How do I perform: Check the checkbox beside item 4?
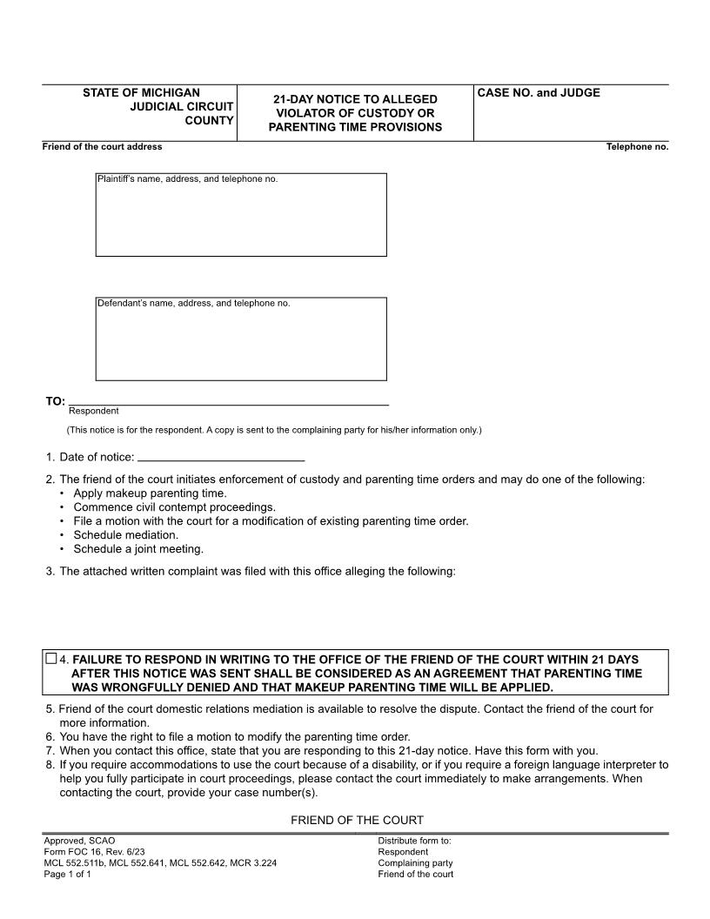point(50,659)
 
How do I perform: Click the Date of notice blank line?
point(221,457)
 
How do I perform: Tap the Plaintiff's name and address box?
point(241,215)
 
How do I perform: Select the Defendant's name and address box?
point(241,339)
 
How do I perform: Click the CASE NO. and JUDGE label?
point(539,93)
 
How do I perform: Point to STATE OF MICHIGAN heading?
point(141,92)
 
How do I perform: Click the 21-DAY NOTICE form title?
point(355,113)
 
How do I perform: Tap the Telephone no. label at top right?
point(637,147)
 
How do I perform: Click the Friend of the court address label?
point(102,147)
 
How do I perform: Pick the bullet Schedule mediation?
point(125,535)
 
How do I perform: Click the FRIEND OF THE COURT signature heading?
point(357,820)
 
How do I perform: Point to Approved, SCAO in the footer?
point(79,841)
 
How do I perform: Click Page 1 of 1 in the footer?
point(67,875)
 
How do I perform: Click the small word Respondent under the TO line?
point(94,411)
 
